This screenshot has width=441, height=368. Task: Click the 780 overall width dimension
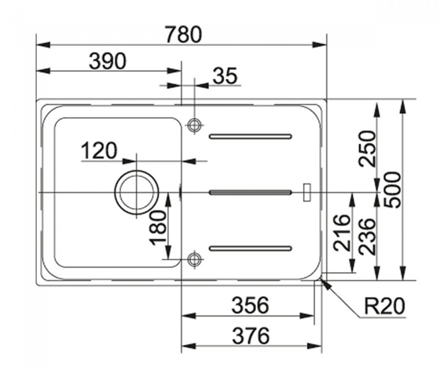pos(183,35)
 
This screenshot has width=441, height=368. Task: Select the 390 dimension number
pos(107,61)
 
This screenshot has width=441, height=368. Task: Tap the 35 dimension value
pos(225,75)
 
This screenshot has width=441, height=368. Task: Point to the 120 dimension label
pos(99,151)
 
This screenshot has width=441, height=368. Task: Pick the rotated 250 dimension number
pos(367,148)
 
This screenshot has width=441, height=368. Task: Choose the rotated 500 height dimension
pos(392,190)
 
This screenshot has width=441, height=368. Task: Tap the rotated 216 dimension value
pos(342,233)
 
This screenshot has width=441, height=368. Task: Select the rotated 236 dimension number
pos(367,237)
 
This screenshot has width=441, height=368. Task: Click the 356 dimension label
pos(250,306)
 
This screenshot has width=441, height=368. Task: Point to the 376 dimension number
pos(250,336)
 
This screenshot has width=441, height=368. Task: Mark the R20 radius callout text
pos(384,306)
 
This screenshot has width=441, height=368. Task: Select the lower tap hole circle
pos(194,259)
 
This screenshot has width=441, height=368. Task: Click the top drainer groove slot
pos(250,136)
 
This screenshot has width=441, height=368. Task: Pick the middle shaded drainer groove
pos(250,192)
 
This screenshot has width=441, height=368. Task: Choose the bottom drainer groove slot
pos(250,249)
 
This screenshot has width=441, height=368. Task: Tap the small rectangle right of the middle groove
pos(307,192)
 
